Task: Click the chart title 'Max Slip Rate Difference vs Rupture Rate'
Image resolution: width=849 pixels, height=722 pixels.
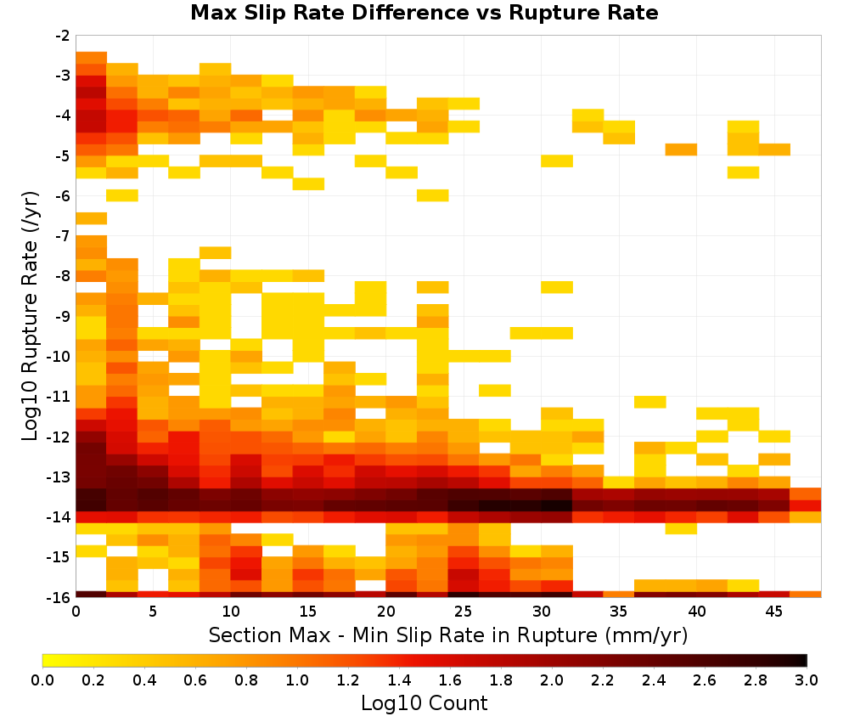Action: pos(424,13)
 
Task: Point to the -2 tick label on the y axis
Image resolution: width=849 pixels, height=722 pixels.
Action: pos(62,36)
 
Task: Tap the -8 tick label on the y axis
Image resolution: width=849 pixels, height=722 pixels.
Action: pos(62,276)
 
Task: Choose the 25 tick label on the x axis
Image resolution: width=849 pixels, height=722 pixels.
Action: pos(464,612)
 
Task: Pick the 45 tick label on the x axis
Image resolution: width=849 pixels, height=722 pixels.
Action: pos(774,612)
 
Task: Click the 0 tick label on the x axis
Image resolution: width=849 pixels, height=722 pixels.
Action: pos(76,612)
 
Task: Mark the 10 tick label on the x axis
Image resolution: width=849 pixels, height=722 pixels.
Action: pos(231,612)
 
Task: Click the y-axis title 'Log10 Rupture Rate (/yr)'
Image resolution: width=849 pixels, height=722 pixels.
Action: pos(30,316)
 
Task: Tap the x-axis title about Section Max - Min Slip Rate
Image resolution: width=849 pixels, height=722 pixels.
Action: pos(448,635)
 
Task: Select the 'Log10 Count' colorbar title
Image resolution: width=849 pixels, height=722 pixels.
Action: pos(424,703)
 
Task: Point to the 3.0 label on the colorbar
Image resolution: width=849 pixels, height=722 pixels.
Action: pos(807,680)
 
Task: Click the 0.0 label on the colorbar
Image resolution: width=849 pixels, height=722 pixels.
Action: pos(42,680)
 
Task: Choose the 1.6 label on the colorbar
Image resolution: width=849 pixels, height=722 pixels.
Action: pos(450,680)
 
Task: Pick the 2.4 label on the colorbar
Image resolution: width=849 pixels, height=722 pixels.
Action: pos(654,680)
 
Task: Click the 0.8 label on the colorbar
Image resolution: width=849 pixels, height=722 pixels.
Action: pos(246,680)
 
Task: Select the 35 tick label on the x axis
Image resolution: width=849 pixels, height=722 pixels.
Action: pos(619,612)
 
